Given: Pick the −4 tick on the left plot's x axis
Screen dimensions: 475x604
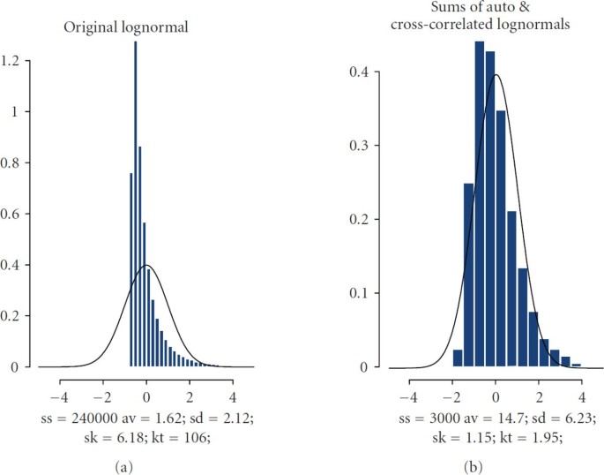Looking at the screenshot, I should click(61, 384).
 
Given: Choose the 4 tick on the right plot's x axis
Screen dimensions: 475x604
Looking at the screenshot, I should click(584, 384).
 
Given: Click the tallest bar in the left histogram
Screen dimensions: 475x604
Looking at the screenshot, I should click(136, 203).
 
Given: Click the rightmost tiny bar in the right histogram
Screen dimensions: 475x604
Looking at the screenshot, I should click(577, 365).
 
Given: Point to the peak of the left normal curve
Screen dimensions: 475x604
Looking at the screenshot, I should click(147, 265).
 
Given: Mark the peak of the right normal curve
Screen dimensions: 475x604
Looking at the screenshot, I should click(496, 75).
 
